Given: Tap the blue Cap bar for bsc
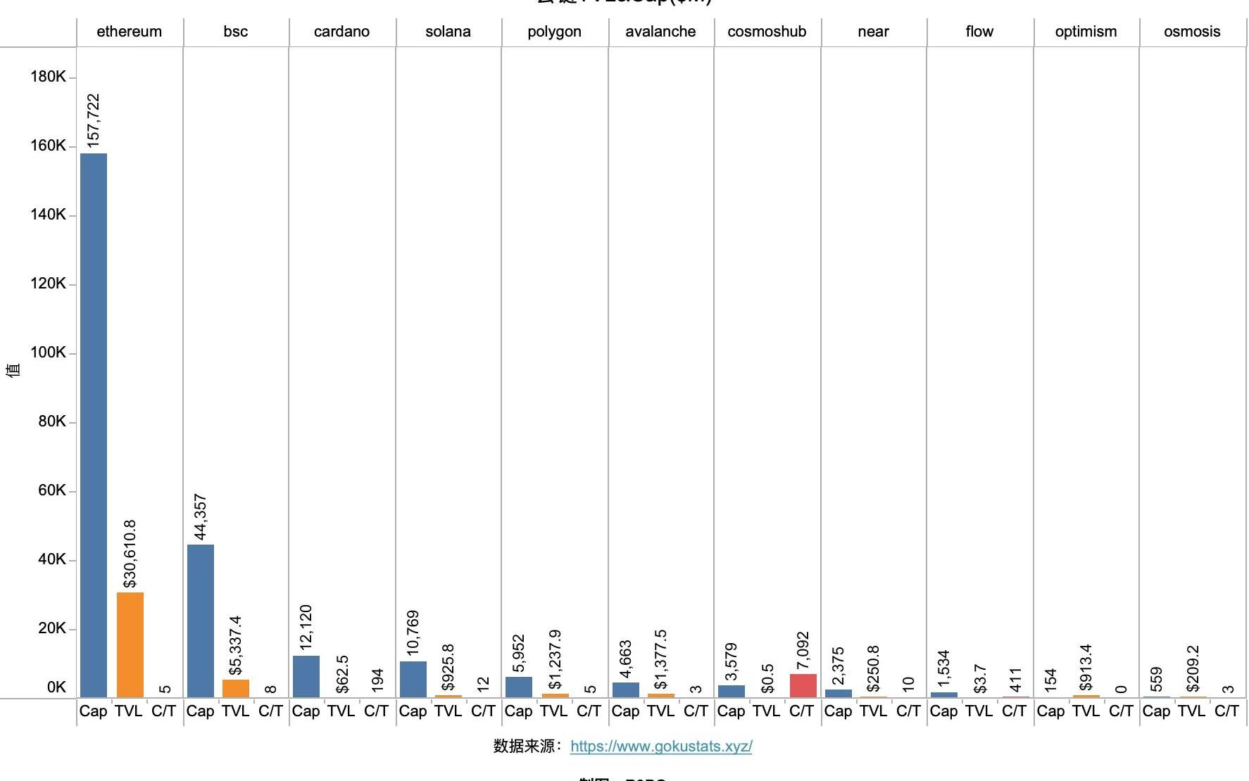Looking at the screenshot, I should click(x=201, y=621).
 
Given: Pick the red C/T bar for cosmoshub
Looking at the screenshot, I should click(x=803, y=685).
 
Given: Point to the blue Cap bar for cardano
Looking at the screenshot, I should click(x=306, y=676).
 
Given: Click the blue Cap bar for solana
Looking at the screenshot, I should click(x=413, y=679).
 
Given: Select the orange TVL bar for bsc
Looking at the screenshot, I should click(x=236, y=688).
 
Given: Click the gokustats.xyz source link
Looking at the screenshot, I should click(x=661, y=747).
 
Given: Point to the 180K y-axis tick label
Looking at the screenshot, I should click(x=48, y=77).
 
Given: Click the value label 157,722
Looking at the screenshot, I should click(x=94, y=120).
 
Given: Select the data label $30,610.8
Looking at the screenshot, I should click(x=130, y=554).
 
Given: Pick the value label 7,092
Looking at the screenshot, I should click(x=803, y=650).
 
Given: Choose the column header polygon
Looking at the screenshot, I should click(x=555, y=32).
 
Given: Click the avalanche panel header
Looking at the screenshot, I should click(x=660, y=32).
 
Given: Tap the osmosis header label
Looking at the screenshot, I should click(x=1192, y=32).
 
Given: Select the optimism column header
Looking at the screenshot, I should click(x=1086, y=32).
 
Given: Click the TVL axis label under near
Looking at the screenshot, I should click(x=873, y=711).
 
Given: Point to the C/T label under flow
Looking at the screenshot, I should click(x=1014, y=711).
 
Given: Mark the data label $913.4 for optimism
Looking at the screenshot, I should click(x=1086, y=667).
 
